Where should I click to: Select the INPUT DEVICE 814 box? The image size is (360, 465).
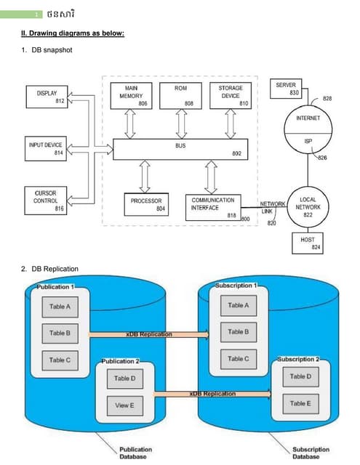[x=46, y=149]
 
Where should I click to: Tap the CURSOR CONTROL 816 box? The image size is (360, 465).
[x=46, y=201]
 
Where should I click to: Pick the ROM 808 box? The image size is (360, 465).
[x=181, y=96]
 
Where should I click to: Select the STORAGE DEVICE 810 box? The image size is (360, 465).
[x=231, y=96]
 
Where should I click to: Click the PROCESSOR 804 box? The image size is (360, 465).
[x=145, y=204]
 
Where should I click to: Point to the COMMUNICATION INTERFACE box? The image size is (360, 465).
[x=212, y=204]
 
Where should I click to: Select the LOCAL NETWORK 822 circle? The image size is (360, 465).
[x=308, y=206]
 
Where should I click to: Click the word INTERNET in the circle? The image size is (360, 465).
[x=308, y=118]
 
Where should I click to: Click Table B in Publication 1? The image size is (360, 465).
[x=60, y=333]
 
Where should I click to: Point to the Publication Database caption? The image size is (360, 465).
[x=136, y=453]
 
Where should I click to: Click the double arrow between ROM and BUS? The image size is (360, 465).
[x=181, y=124]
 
